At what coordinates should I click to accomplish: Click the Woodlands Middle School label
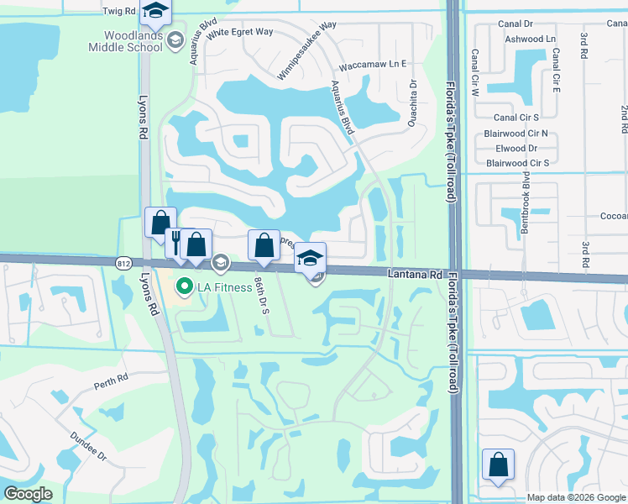tap(133, 40)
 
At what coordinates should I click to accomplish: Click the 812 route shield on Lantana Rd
tap(123, 262)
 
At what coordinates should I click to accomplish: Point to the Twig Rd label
tap(118, 12)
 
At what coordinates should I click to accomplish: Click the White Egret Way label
tap(240, 32)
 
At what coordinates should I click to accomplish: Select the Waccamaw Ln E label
tap(372, 65)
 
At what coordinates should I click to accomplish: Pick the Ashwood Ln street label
tap(530, 39)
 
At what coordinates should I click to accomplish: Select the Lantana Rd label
tap(415, 274)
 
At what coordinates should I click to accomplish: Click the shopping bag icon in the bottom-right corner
tap(499, 465)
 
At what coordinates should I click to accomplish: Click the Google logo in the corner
tap(28, 494)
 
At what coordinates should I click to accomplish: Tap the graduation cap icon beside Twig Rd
tap(155, 12)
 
